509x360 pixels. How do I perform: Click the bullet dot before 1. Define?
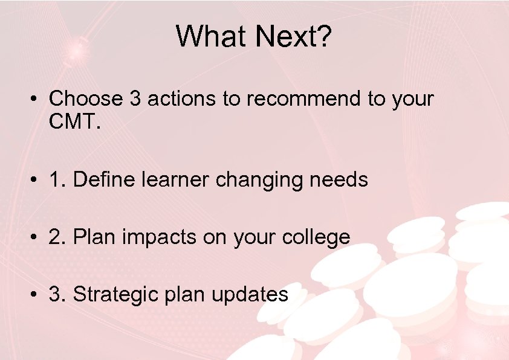click(x=37, y=180)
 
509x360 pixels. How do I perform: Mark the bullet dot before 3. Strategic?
click(x=37, y=295)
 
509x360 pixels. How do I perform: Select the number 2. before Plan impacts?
click(x=57, y=237)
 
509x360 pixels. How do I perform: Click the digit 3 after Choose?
click(x=135, y=98)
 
